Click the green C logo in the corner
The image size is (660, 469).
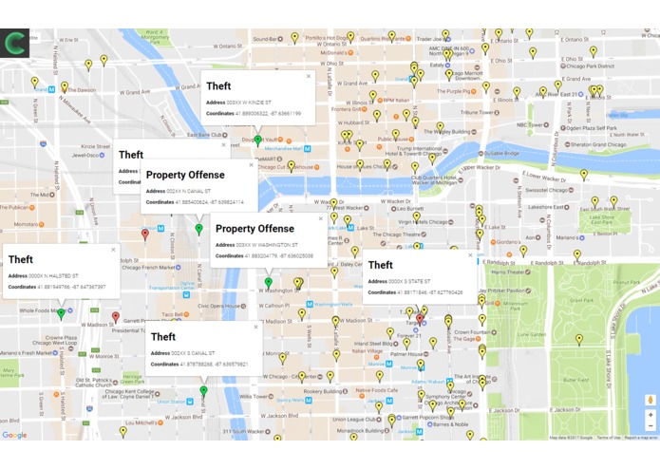click(15, 44)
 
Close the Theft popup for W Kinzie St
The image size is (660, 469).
click(309, 76)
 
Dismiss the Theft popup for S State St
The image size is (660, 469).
click(469, 255)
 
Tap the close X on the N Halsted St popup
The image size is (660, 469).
click(113, 250)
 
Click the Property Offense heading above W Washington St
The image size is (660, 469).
click(255, 229)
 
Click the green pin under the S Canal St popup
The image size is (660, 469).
click(203, 390)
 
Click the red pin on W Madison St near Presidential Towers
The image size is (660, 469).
click(116, 316)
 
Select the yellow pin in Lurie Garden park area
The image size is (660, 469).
click(579, 339)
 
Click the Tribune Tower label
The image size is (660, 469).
click(478, 111)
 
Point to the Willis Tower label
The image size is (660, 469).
click(253, 396)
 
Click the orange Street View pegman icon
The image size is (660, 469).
click(650, 401)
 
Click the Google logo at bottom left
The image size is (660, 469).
click(14, 435)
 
